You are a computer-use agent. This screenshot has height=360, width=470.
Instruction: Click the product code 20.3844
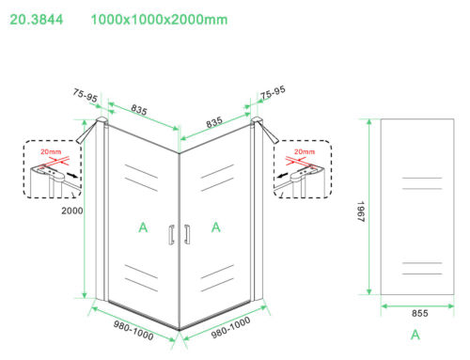point(37,20)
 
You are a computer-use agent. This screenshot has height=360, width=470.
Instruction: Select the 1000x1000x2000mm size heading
point(159,20)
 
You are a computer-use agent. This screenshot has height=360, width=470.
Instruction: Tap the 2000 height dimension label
point(72,211)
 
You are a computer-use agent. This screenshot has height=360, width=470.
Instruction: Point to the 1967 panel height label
point(361,211)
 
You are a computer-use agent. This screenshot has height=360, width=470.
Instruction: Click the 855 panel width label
point(419,313)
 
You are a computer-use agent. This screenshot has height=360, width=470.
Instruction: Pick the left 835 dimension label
point(139,110)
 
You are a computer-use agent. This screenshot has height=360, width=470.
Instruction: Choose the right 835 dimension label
point(214,122)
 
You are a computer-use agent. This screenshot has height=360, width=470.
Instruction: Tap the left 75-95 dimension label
point(85,95)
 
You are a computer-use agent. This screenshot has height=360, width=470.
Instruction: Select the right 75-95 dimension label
point(273,92)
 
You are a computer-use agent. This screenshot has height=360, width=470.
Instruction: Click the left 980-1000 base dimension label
point(133,330)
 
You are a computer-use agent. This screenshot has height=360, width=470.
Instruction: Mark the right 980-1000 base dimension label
point(230,327)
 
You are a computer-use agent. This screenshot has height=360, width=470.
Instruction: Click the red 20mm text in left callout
point(51,152)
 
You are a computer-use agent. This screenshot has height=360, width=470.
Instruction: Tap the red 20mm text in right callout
point(305,152)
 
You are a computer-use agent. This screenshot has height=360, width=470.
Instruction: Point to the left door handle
point(171,234)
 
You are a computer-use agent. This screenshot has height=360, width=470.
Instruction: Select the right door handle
point(187,234)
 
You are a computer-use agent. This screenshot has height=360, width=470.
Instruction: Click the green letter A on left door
point(143,227)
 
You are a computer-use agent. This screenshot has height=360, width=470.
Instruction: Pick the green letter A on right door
point(216,227)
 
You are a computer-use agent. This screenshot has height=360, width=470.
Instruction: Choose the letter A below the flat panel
point(415,335)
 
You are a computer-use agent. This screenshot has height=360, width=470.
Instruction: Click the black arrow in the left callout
point(72,175)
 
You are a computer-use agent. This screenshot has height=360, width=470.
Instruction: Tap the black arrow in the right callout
point(282,175)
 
